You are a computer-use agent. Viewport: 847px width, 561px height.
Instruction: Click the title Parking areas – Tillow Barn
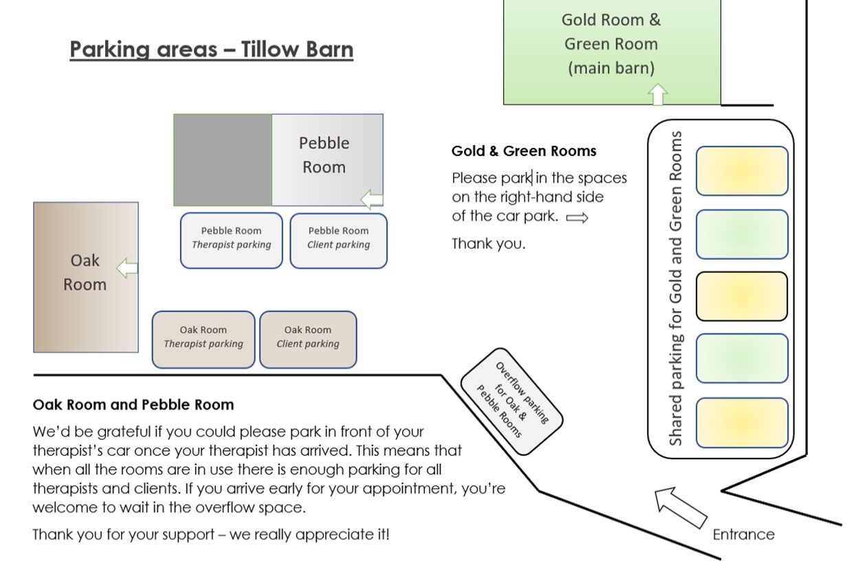click(211, 49)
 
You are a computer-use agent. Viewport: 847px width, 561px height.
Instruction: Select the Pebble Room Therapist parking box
click(232, 241)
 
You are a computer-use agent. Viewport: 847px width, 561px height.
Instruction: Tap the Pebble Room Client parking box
click(338, 241)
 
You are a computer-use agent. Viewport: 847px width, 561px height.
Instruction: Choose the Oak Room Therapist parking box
click(203, 340)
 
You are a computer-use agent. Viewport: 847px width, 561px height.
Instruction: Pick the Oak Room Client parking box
click(308, 340)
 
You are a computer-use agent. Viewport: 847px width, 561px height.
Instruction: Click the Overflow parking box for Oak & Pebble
click(511, 401)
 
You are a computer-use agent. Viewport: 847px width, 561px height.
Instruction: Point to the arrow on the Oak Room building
click(127, 268)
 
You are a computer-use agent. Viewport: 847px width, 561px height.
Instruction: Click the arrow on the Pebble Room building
click(372, 199)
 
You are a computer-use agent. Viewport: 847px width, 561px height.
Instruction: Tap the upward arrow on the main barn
click(657, 94)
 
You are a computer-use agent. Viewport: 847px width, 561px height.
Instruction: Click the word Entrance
click(743, 535)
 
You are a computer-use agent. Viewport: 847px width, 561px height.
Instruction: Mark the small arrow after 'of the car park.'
click(577, 218)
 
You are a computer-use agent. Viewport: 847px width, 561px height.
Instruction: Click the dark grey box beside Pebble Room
click(223, 160)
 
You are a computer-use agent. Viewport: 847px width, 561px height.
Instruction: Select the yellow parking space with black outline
click(742, 296)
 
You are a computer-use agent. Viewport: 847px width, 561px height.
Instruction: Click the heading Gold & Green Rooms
click(524, 151)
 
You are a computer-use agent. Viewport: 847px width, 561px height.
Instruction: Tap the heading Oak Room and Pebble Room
click(133, 404)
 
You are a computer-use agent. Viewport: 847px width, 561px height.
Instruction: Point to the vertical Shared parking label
click(675, 289)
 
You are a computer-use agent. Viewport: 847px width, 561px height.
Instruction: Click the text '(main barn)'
click(611, 68)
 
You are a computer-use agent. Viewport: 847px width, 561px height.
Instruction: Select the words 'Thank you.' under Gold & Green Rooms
click(489, 243)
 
